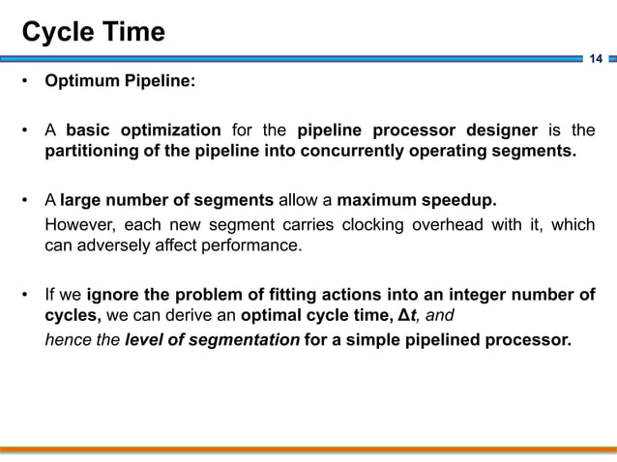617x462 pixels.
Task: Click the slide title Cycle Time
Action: [94, 32]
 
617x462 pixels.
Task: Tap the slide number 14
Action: [596, 60]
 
